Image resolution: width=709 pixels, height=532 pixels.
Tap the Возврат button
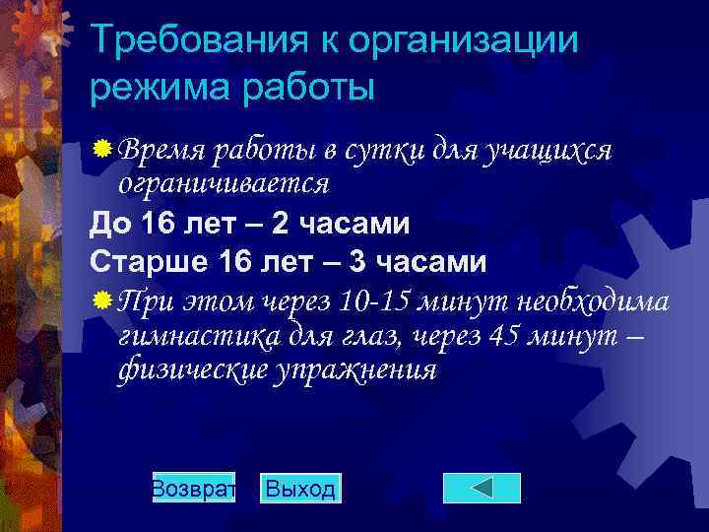click(x=194, y=489)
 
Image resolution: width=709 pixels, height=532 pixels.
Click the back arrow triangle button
click(x=482, y=489)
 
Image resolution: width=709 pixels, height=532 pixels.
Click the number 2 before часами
click(x=281, y=225)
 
